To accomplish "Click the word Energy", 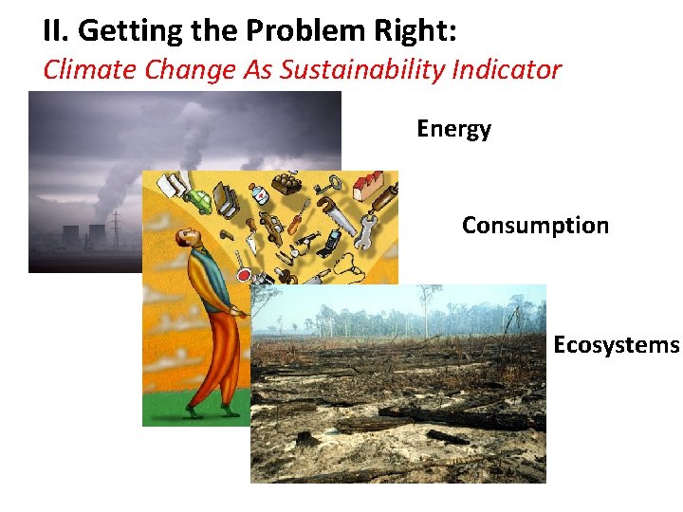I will tap(453, 129).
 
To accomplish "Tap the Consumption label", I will tap(535, 226).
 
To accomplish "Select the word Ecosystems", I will tap(616, 344).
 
